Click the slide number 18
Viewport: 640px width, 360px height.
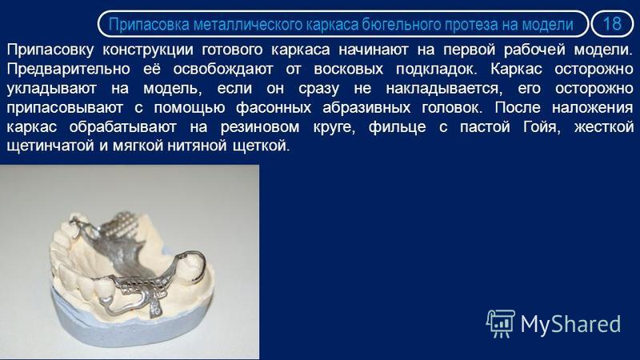coord(612,24)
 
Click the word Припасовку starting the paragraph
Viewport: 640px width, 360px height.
coord(50,50)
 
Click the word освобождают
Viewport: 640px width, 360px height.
coord(223,69)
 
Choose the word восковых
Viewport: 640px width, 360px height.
coord(349,70)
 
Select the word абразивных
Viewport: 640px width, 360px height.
coord(366,108)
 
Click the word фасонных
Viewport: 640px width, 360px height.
coord(274,108)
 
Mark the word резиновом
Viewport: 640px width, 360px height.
coord(259,127)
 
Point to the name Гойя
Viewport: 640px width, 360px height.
coord(542,127)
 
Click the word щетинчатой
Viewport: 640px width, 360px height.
coord(50,146)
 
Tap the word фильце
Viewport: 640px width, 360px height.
coord(397,128)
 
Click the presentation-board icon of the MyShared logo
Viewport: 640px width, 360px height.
coord(501,324)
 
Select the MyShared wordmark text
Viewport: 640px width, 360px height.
coord(570,325)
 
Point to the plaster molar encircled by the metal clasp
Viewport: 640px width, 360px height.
coord(191,268)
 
